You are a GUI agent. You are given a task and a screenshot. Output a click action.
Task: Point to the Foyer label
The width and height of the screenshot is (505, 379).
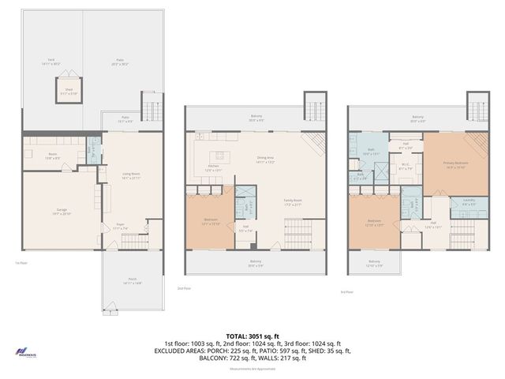pos(122,228)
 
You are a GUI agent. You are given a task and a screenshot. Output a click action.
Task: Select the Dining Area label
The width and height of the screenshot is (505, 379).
pos(266,159)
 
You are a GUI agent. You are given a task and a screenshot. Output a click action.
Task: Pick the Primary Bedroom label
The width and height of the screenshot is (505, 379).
pos(457,163)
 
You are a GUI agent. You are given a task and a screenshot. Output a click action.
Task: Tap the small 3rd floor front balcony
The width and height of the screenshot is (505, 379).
pos(374,262)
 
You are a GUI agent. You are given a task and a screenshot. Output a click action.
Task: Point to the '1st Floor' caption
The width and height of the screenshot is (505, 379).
pos(21,264)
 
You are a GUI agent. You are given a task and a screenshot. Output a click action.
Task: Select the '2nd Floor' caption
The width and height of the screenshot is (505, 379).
pos(184,288)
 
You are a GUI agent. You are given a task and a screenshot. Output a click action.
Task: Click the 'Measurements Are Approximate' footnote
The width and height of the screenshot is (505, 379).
pos(252,369)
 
